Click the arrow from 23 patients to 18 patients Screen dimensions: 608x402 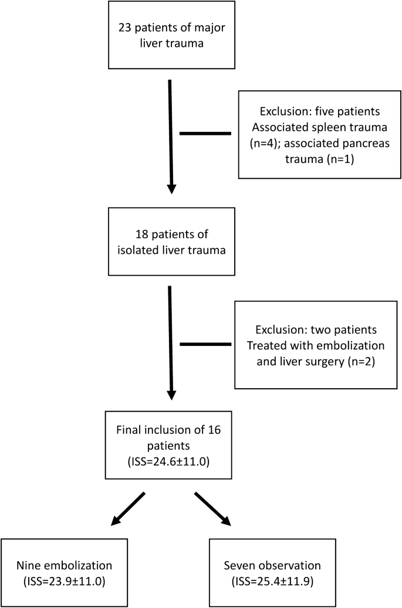pos(170,135)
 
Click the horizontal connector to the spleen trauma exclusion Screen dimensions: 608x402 pos(205,134)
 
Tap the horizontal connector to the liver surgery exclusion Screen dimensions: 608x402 pos(205,344)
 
